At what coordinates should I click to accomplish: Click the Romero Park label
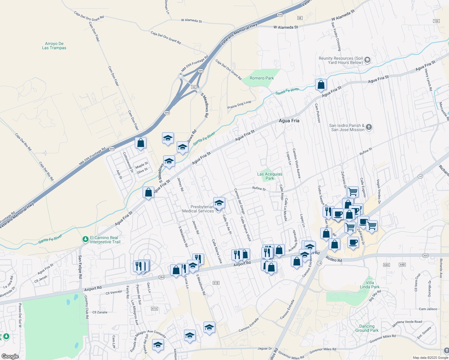[262, 78]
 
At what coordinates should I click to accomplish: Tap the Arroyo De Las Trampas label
[54, 46]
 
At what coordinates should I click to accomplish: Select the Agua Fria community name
[289, 121]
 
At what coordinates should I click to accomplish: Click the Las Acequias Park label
[270, 176]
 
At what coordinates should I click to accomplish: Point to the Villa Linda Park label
[370, 285]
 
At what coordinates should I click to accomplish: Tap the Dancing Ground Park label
[367, 328]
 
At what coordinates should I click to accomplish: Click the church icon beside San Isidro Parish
[369, 127]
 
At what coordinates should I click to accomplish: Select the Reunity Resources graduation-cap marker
[367, 60]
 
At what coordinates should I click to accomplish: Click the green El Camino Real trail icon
[86, 239]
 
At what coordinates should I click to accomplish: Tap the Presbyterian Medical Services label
[198, 209]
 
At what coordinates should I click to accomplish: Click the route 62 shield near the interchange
[194, 87]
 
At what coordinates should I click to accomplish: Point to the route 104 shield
[436, 21]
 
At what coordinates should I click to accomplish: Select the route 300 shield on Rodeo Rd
[425, 256]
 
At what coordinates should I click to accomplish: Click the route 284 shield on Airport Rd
[161, 277]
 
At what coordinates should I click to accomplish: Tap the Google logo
[10, 356]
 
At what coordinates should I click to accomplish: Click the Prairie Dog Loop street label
[239, 105]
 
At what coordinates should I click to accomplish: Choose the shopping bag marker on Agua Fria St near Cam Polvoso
[321, 85]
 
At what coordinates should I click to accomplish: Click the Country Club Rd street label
[86, 307]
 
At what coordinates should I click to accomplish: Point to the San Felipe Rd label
[80, 267]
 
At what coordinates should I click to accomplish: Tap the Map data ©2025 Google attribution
[430, 358]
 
